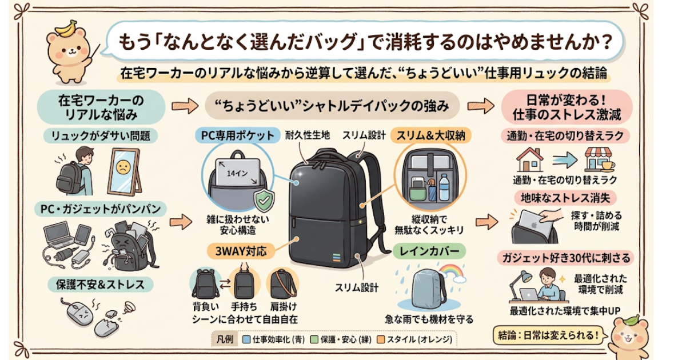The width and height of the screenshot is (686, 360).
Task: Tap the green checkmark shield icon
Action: point(264,199)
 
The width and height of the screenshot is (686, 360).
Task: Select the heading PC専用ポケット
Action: point(238,135)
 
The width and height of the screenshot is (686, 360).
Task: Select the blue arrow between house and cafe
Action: point(565,161)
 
